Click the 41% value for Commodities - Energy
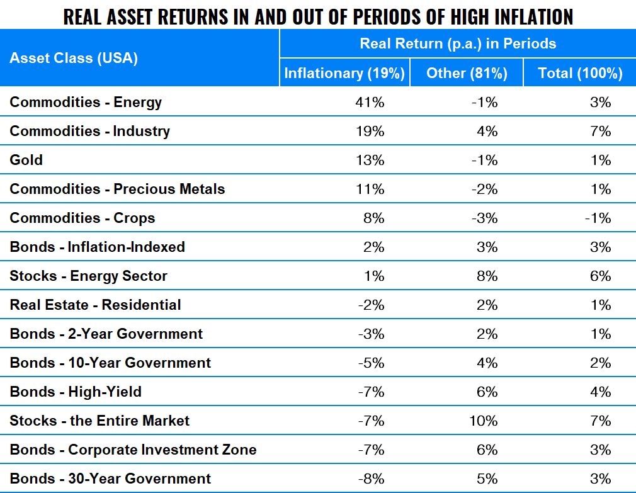click(x=370, y=102)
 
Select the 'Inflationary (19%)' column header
click(x=344, y=73)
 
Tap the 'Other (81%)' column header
click(x=467, y=73)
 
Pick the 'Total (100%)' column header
click(x=580, y=73)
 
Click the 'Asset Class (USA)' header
click(x=74, y=59)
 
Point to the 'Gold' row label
click(x=26, y=160)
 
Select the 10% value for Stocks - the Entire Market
click(x=483, y=421)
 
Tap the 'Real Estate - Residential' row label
click(x=95, y=305)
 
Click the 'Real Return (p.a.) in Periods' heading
click(x=458, y=43)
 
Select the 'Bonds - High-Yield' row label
click(x=76, y=392)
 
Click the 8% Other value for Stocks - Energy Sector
click(x=489, y=276)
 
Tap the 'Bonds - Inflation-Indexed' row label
click(x=97, y=247)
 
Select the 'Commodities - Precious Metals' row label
click(x=117, y=189)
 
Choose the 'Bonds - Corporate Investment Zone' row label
click(x=133, y=450)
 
